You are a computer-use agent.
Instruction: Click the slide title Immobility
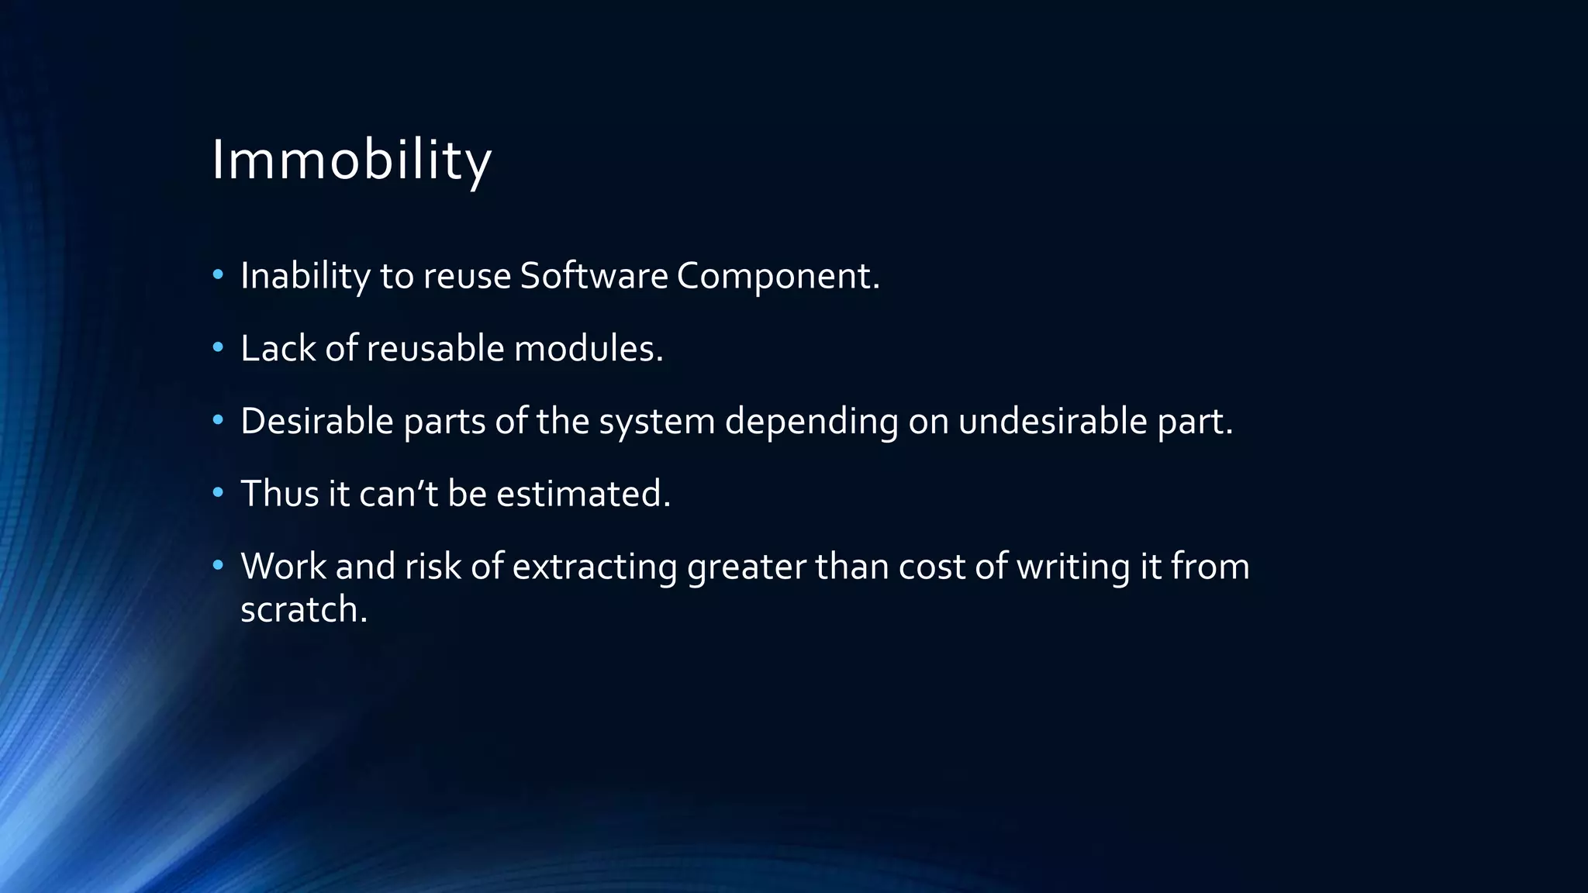(351, 160)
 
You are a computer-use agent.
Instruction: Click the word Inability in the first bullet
(306, 276)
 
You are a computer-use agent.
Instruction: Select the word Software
(593, 276)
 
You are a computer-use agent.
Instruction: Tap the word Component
(778, 276)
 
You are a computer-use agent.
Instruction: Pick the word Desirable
(317, 422)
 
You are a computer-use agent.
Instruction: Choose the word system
(657, 422)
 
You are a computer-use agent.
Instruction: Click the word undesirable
(1052, 422)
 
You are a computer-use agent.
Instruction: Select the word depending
(811, 422)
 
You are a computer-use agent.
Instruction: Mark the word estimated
(583, 494)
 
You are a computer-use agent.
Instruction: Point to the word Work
(283, 567)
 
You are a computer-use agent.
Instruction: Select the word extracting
(595, 567)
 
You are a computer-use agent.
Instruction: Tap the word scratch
(303, 609)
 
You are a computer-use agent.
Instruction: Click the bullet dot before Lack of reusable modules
(218, 347)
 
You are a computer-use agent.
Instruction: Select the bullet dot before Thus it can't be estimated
(218, 492)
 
